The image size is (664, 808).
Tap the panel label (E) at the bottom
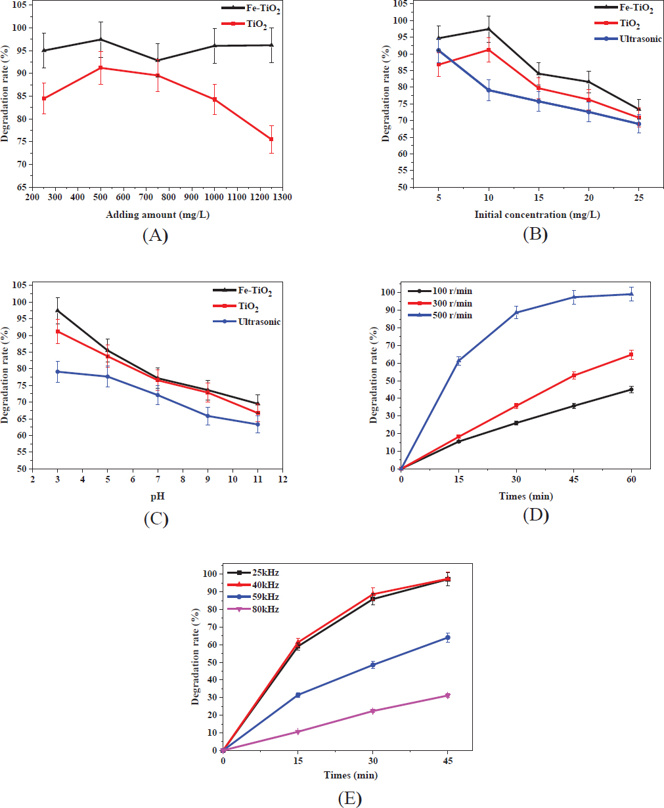click(349, 798)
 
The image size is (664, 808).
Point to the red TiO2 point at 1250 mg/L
click(271, 139)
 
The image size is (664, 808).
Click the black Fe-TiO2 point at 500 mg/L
click(100, 39)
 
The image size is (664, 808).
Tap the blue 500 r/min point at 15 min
click(458, 361)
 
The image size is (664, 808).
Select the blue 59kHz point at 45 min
click(447, 637)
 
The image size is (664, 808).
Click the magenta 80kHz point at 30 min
click(372, 711)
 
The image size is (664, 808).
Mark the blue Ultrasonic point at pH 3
click(57, 372)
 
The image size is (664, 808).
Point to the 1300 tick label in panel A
click(282, 196)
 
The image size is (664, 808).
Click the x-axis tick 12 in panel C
click(282, 480)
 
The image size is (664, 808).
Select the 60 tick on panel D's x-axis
click(631, 480)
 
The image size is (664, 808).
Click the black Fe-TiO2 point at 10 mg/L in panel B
click(489, 29)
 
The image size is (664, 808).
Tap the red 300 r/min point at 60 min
click(631, 354)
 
